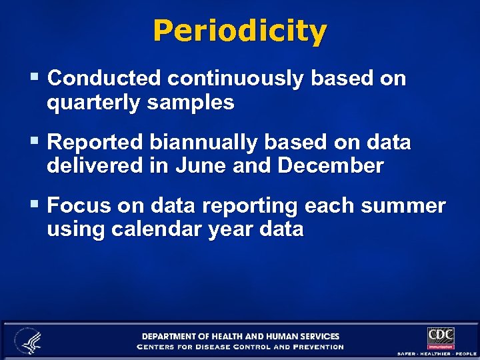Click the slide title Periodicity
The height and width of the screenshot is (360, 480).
coord(240,31)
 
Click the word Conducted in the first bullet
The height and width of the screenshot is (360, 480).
coord(105,79)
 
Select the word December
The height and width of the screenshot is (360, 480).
coord(331,166)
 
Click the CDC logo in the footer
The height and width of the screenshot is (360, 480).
coord(441,337)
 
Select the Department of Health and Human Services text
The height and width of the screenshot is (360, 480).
coord(240,336)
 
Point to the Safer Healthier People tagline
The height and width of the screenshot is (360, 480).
coord(437,353)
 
